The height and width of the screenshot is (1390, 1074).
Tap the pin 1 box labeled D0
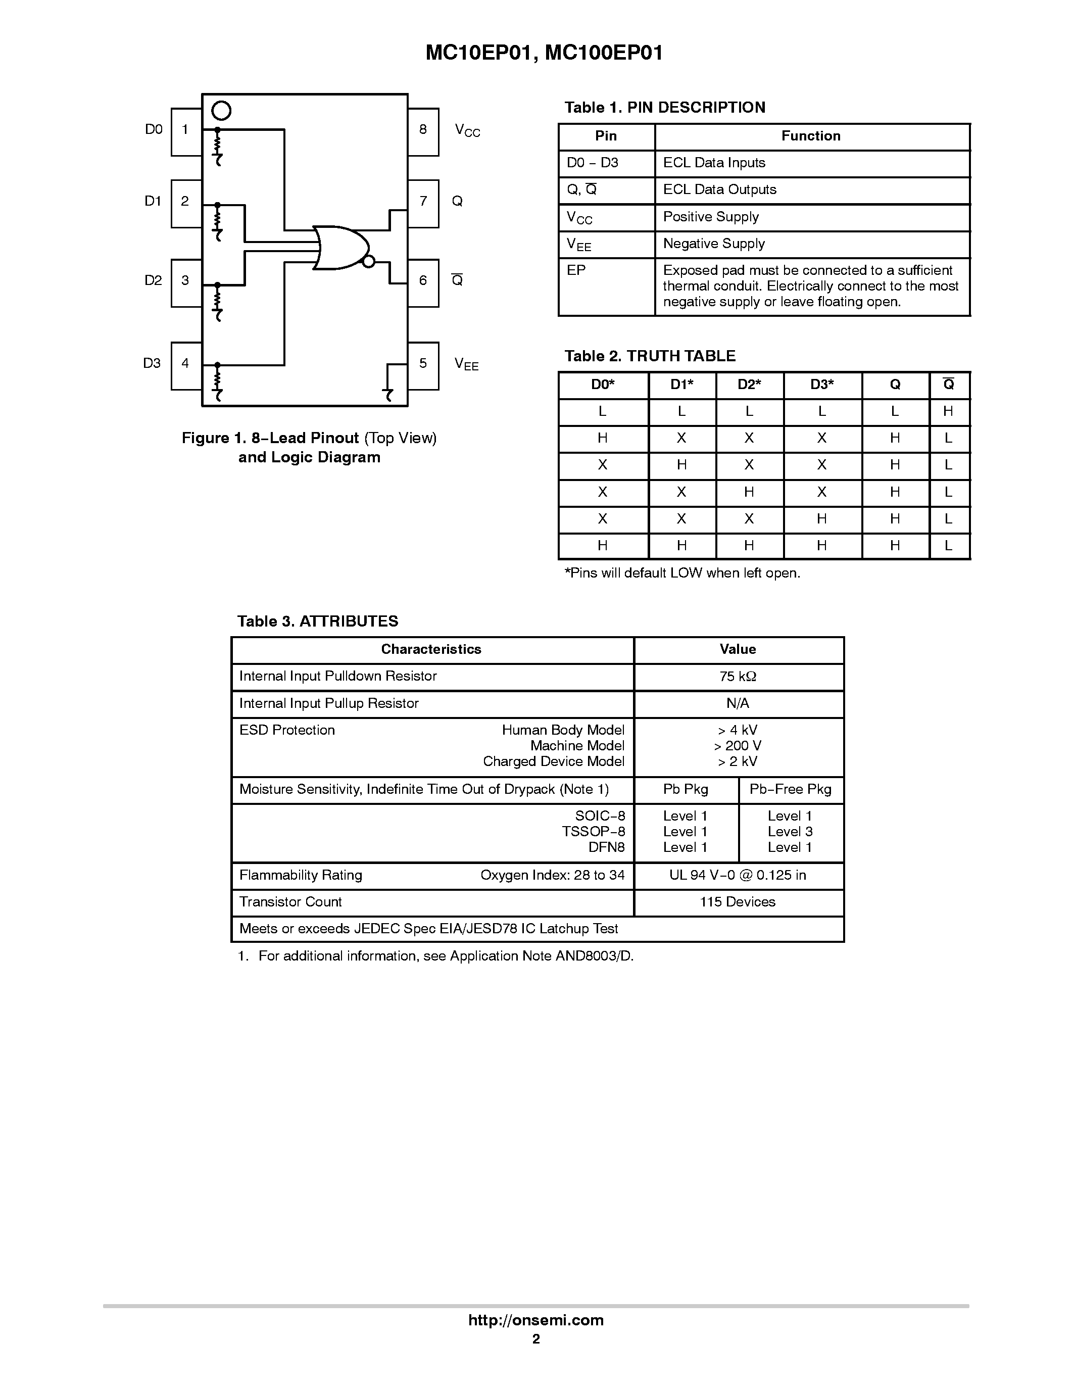point(186,131)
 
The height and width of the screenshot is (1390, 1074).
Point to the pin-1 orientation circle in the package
point(221,111)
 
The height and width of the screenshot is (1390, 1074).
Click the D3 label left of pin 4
point(152,363)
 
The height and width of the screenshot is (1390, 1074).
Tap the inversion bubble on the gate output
point(368,260)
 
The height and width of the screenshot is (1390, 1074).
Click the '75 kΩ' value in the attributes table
point(738,677)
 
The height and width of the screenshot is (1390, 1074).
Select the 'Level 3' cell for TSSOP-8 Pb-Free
point(790,832)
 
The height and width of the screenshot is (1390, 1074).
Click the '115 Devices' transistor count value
point(738,902)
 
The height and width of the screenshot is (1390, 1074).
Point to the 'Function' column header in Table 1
point(811,136)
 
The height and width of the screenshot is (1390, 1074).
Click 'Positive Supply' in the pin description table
point(711,217)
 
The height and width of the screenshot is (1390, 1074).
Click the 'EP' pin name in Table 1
point(576,270)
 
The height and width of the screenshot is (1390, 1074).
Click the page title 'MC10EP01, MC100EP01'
point(544,53)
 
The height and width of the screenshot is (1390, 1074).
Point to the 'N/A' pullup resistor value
point(738,703)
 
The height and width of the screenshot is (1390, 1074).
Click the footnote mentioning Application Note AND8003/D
point(436,956)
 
